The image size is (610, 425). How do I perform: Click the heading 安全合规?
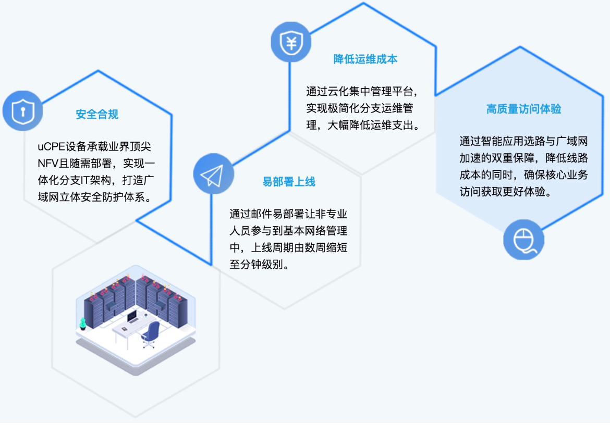coord(97,115)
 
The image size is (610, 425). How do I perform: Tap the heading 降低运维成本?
coord(365,59)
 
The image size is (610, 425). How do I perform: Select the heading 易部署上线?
coord(288,182)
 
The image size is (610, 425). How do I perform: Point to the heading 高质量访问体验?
coord(523,109)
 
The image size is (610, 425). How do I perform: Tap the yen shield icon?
coord(290,43)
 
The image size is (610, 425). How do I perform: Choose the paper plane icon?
coord(213,174)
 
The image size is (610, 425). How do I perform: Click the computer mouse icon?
coord(523,240)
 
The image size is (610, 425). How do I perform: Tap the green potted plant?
coord(82,323)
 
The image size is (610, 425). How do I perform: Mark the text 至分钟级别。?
coord(259,264)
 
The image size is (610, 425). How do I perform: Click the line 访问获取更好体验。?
coord(505,191)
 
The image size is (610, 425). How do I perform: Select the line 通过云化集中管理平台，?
coord(363,92)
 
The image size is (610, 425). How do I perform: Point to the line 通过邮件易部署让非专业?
coord(288,214)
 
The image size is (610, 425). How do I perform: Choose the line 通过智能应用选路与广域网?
coord(523,141)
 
